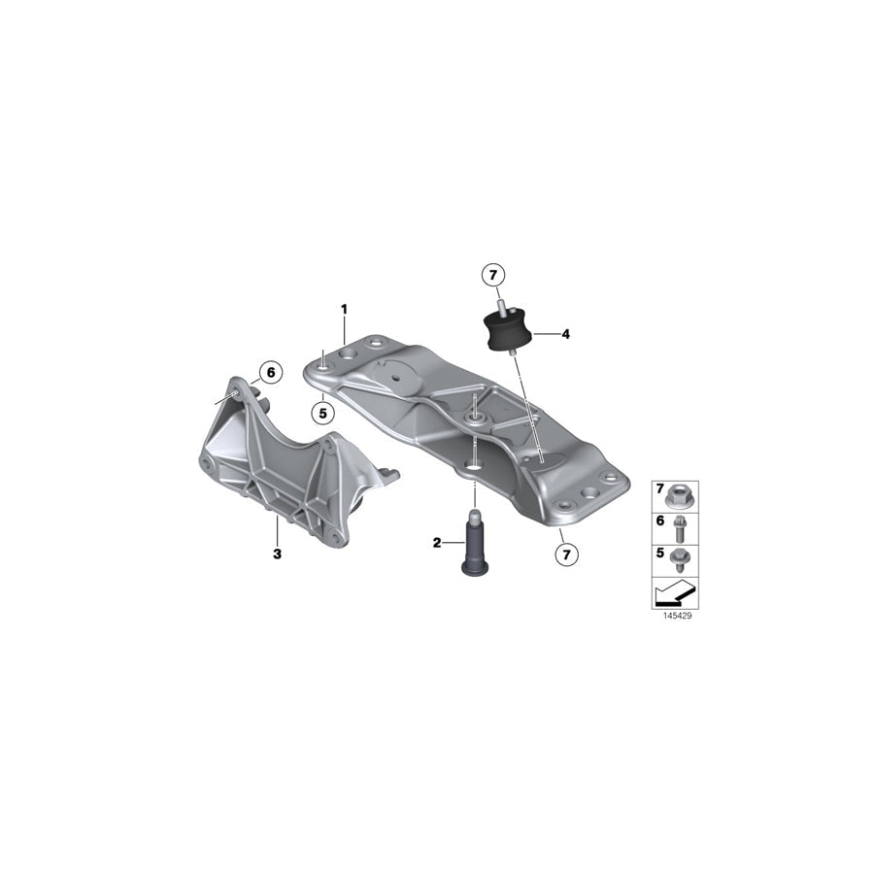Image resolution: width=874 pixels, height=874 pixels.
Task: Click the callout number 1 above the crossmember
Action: point(345,309)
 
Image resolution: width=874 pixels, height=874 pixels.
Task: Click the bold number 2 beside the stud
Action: point(437,542)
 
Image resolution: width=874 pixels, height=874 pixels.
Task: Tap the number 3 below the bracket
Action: point(277,555)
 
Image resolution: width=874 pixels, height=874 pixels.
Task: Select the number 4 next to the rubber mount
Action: point(566,334)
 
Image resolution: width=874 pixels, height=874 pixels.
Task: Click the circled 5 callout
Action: point(323,414)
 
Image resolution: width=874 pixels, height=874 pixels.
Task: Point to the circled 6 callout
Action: point(271,372)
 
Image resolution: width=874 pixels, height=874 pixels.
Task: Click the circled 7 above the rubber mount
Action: point(492,275)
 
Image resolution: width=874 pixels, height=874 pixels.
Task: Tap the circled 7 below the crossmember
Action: point(567,555)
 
